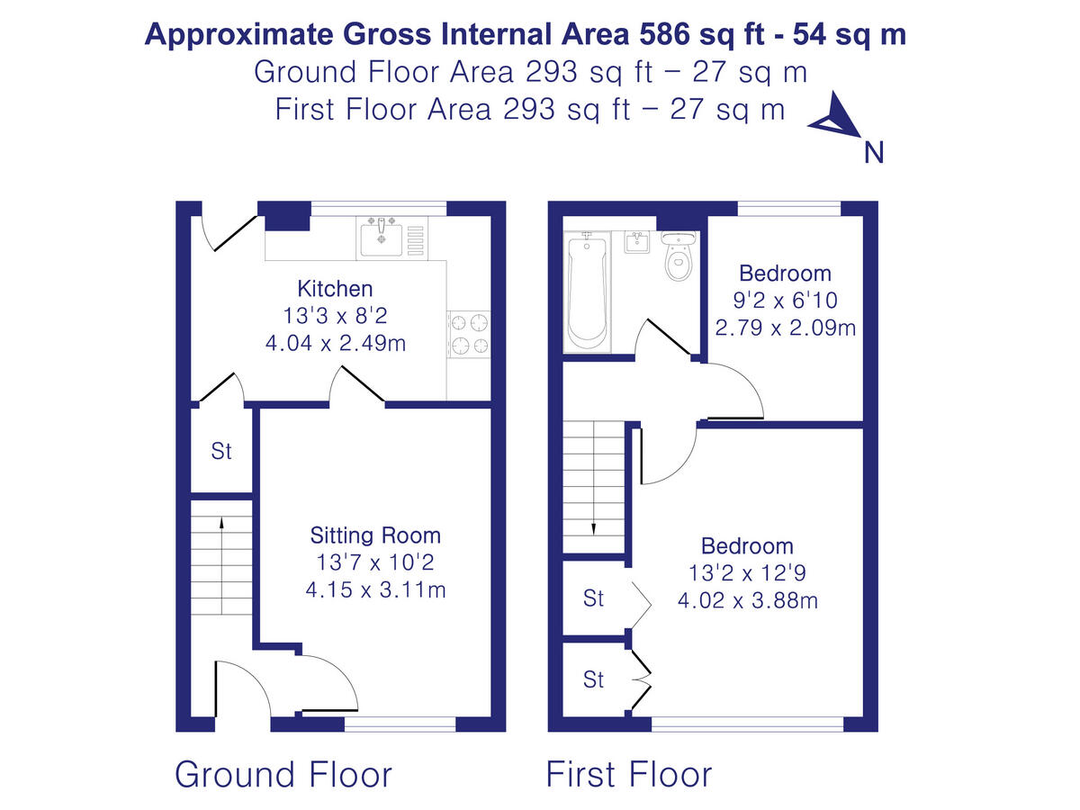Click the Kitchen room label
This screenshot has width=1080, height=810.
pos(335,289)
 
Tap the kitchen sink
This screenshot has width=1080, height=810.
pos(382,238)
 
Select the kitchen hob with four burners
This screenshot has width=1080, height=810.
pos(469,334)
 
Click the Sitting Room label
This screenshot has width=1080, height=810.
pos(375,535)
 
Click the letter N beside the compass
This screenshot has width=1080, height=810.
pos(873,153)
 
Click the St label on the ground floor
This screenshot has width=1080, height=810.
pos(221,451)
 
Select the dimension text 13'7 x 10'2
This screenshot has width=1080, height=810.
pos(375,563)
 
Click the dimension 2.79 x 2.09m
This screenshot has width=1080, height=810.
pos(785,328)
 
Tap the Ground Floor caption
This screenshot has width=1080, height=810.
pos(283,774)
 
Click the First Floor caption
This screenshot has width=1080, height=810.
pos(629,774)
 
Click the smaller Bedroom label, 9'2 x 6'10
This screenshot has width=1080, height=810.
pos(785,274)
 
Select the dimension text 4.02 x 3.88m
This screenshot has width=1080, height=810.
pos(747,600)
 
